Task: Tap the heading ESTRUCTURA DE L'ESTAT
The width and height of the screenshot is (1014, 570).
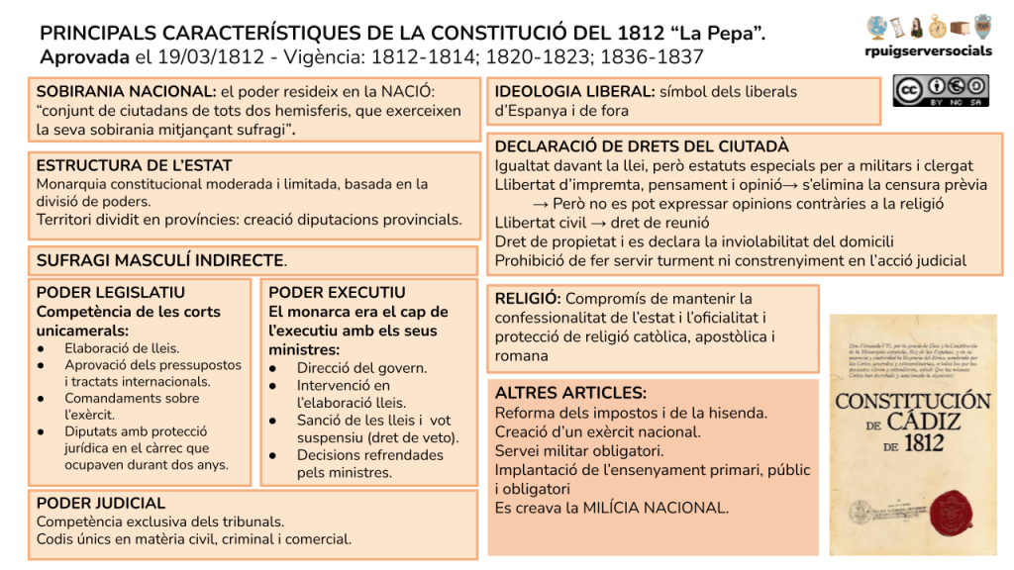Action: [134, 165]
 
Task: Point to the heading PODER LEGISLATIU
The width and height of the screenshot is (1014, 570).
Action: [110, 293]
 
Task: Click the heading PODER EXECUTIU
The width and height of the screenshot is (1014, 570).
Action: [337, 293]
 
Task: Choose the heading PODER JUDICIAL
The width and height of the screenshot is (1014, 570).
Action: [101, 503]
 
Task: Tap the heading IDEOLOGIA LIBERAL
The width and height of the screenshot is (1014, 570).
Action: [574, 92]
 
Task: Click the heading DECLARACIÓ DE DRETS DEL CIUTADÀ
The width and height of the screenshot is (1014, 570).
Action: [642, 146]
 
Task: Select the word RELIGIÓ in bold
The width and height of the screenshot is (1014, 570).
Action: [528, 298]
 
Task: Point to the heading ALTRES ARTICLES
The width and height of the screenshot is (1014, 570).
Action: [570, 393]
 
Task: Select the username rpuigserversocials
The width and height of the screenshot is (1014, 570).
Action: [928, 51]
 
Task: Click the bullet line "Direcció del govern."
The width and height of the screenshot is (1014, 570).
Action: [361, 367]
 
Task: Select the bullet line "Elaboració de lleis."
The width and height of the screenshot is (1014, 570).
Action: [122, 347]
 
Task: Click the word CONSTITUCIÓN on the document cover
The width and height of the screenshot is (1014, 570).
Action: [912, 402]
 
